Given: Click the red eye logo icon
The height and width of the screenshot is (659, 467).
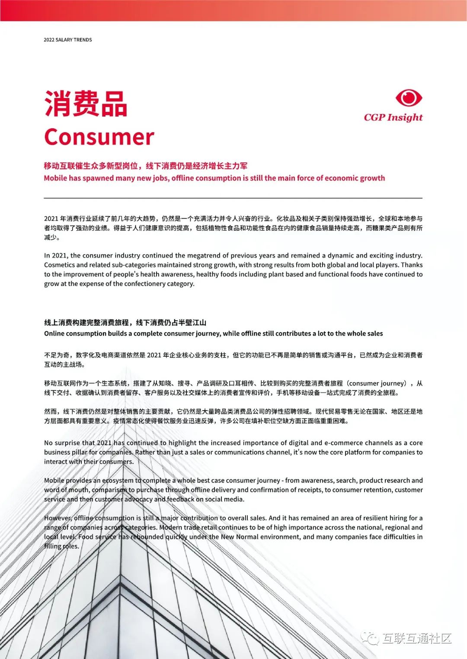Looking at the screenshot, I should click(x=409, y=98).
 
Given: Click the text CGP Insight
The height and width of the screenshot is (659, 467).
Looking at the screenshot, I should click(x=393, y=117).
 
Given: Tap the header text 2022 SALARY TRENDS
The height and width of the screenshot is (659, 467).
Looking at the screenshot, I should click(x=68, y=40).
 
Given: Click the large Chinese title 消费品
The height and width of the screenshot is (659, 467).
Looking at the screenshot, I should click(x=86, y=104).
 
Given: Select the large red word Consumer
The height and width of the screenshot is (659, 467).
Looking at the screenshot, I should click(x=99, y=137).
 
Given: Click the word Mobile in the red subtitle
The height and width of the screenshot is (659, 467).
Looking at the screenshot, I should click(x=55, y=178).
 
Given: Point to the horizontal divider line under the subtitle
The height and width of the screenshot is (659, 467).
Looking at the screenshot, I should click(x=233, y=198).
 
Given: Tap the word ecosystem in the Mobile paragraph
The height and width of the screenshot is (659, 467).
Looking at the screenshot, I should click(x=118, y=480).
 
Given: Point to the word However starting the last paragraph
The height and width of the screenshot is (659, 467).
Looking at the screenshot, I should click(x=58, y=518).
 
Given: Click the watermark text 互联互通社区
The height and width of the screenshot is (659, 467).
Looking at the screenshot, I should click(x=416, y=638).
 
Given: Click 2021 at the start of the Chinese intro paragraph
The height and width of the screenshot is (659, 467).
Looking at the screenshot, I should click(x=51, y=219).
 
